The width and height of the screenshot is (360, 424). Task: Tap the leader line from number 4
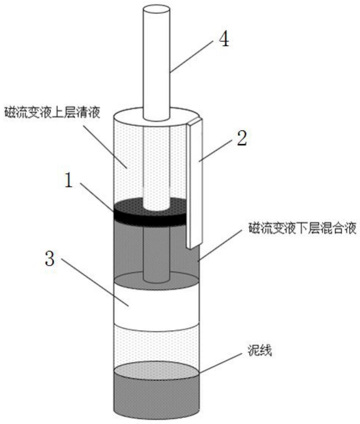(x=191, y=56)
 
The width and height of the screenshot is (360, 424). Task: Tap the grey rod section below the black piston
(x=156, y=251)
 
